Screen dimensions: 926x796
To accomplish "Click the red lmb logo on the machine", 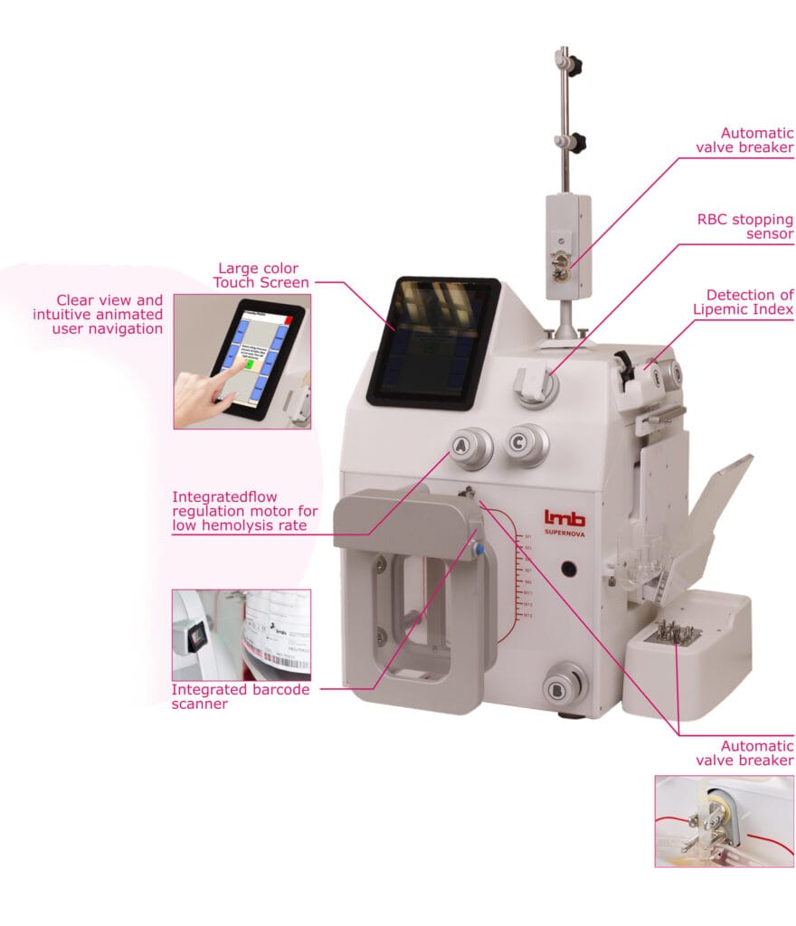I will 564,517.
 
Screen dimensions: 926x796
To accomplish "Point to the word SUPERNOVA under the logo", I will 564,533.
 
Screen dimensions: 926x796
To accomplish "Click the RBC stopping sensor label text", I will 744,226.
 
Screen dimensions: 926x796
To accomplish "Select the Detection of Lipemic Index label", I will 749,302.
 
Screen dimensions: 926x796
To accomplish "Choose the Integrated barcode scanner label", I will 241,696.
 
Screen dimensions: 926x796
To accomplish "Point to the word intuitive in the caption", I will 71,315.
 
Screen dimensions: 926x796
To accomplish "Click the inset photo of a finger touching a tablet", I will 242,361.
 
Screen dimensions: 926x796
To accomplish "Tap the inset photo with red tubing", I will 724,820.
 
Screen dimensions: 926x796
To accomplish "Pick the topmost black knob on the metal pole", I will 572,65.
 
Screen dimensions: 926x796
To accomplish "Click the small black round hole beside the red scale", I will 569,571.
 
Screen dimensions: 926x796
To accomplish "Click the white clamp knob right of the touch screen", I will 535,384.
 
